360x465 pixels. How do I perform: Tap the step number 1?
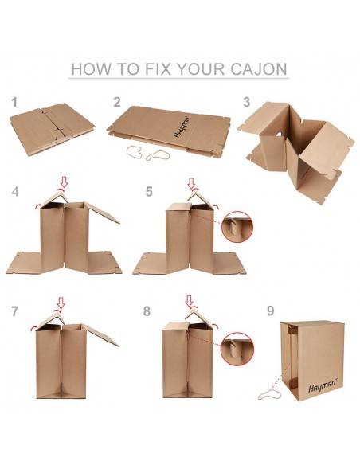click(x=14, y=102)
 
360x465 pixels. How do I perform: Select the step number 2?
click(x=117, y=102)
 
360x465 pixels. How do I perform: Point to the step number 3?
click(x=246, y=102)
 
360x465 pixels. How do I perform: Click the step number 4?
click(x=15, y=192)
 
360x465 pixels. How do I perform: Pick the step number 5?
click(x=149, y=192)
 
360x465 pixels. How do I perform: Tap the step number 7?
click(x=14, y=311)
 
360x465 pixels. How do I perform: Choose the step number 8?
click(x=147, y=311)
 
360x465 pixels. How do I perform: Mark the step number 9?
click(x=271, y=311)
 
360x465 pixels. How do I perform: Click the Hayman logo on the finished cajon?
click(x=323, y=385)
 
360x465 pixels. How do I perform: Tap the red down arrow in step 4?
click(x=64, y=182)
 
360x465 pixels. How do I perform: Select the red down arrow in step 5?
click(x=191, y=183)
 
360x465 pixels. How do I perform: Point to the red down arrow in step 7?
click(x=61, y=303)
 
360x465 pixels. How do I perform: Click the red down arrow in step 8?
click(x=190, y=301)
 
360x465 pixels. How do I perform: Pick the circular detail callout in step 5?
click(x=237, y=226)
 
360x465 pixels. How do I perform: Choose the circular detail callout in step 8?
click(x=237, y=349)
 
